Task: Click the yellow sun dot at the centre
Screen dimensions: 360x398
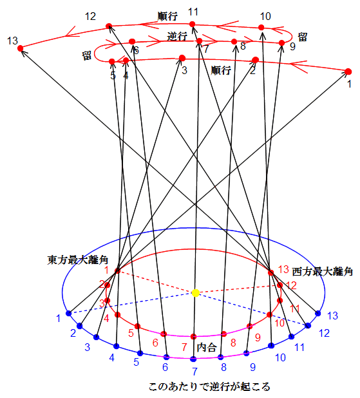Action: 196,293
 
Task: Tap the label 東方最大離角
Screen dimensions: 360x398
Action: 78,260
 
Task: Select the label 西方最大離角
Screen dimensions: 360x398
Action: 323,272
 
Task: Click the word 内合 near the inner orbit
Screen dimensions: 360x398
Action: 207,347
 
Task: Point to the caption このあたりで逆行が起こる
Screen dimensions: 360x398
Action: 209,386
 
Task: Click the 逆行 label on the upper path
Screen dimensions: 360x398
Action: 177,37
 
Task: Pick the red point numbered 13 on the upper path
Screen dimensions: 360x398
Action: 21,48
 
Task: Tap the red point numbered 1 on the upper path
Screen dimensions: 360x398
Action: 348,71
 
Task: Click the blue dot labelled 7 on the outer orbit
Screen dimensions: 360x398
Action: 193,359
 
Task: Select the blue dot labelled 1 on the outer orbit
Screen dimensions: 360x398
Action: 68,313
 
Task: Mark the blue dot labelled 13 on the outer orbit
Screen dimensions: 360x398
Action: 318,314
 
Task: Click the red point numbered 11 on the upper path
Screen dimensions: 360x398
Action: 192,24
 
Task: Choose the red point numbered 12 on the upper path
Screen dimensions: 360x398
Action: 109,26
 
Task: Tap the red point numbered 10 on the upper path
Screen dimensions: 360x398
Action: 261,28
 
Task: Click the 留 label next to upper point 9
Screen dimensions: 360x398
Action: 303,37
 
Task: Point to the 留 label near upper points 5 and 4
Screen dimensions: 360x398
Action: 86,55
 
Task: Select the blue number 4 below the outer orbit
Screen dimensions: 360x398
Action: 111,357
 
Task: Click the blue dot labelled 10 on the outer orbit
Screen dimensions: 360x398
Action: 271,345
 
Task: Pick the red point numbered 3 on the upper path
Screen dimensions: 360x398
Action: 182,58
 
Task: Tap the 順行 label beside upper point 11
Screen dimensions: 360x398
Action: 167,16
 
